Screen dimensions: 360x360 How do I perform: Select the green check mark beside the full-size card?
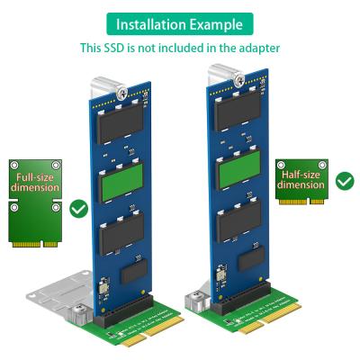(x=78, y=210)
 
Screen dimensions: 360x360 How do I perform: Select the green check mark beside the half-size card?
(x=345, y=181)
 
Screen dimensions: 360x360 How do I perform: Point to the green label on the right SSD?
(x=239, y=167)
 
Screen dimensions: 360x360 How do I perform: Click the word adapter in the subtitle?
(x=258, y=47)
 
